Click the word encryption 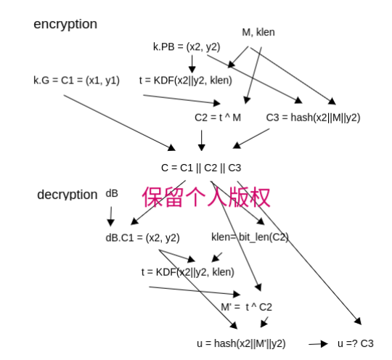[65, 25]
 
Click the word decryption [68, 195]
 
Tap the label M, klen [258, 32]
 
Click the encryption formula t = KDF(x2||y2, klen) [186, 81]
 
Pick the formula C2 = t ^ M [218, 118]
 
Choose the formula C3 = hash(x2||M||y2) [313, 118]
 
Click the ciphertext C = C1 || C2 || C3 [201, 168]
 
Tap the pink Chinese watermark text [206, 197]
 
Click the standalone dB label [112, 194]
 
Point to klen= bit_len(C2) [250, 237]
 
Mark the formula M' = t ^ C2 [246, 307]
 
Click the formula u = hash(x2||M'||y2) [241, 343]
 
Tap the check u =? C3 [356, 343]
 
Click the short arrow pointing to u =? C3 [318, 344]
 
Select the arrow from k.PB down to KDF [192, 64]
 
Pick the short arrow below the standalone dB [111, 216]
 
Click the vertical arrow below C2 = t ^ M [202, 141]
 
